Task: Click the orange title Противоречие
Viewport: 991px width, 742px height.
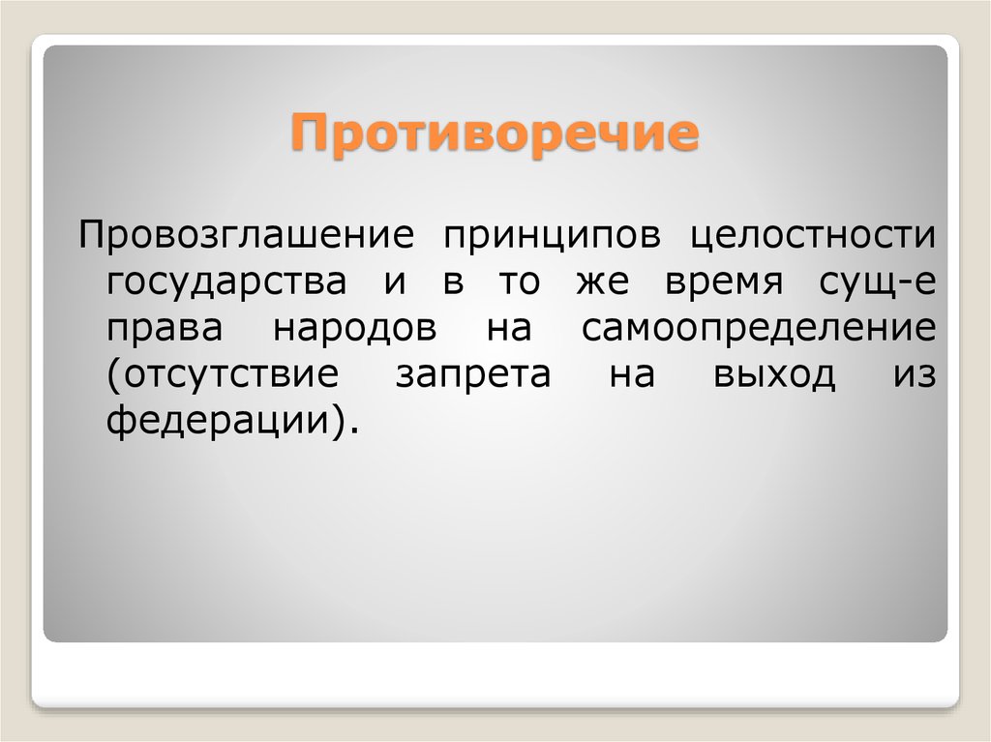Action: [x=495, y=134]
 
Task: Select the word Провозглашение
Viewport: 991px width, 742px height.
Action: [x=247, y=235]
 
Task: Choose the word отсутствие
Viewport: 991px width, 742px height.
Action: [x=230, y=374]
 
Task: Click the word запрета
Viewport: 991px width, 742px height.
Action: [x=473, y=374]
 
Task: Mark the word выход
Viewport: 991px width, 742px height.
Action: [x=774, y=374]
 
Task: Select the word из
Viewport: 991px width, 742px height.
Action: [x=915, y=374]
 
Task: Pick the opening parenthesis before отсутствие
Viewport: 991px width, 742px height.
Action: [x=114, y=376]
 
